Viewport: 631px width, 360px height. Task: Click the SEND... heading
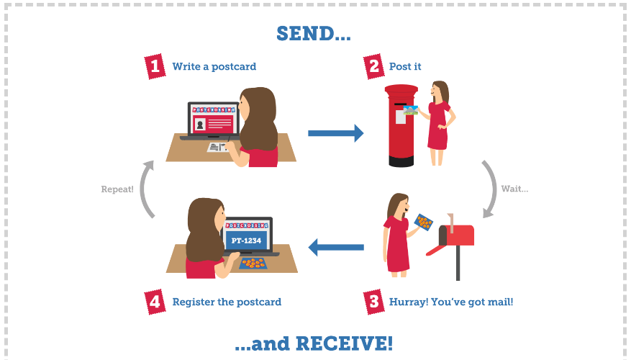tap(314, 33)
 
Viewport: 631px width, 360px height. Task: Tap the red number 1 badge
tap(155, 66)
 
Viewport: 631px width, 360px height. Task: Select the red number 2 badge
tap(374, 66)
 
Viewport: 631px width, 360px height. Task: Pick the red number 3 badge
tap(374, 302)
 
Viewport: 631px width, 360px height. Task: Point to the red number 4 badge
tap(155, 302)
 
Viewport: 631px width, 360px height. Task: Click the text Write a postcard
tap(214, 66)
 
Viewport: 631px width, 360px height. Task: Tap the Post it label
tap(405, 66)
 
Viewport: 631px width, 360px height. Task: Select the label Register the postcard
tap(227, 302)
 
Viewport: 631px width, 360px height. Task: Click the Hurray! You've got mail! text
tap(451, 302)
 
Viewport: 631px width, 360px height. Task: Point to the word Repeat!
tap(117, 189)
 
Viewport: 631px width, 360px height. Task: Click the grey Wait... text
tap(514, 189)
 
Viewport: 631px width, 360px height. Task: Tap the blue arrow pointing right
tap(335, 133)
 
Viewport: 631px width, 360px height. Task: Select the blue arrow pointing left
tap(336, 247)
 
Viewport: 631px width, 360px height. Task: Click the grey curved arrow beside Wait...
tap(493, 189)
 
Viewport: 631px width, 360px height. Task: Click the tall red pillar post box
tap(401, 125)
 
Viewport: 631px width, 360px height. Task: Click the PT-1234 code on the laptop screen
tap(246, 240)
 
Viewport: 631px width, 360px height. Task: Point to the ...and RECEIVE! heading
tap(314, 343)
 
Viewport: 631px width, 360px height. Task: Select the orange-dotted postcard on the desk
tap(253, 264)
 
